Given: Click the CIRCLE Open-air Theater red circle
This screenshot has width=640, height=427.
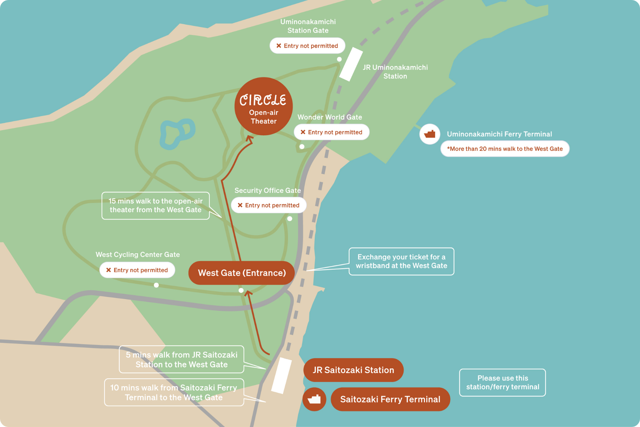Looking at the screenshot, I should (x=263, y=106).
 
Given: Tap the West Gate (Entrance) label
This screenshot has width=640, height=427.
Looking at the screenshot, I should (x=242, y=273).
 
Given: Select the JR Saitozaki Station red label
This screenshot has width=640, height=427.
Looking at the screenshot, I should (x=353, y=370).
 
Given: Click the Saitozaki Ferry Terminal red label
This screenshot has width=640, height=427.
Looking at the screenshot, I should (x=390, y=399).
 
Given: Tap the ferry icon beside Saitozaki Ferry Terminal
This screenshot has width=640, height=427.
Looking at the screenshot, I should (x=314, y=399).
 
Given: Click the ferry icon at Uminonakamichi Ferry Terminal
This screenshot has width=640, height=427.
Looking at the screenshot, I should (x=430, y=134).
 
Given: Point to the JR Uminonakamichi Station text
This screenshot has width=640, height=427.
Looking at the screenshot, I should (x=395, y=72).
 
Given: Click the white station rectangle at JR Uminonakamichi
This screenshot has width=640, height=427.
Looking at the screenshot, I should (x=351, y=64).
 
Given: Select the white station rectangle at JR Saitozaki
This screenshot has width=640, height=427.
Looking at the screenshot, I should (x=281, y=375).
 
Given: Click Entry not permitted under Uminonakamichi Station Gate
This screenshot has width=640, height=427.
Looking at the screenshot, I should (x=308, y=46).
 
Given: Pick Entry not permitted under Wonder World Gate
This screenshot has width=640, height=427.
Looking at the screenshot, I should (x=331, y=132).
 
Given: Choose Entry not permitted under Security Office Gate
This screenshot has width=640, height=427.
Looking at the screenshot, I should (x=269, y=205).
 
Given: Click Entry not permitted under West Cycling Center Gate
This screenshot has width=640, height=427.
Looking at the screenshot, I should (x=137, y=270).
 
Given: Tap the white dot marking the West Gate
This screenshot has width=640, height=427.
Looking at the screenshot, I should (x=241, y=291).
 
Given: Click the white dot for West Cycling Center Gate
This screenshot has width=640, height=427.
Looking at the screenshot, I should (x=156, y=285).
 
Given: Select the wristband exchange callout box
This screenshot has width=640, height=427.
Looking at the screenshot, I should (x=401, y=261).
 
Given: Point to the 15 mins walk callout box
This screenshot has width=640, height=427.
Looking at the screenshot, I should (x=155, y=206).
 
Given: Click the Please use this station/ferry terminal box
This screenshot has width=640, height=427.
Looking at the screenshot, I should (x=502, y=383).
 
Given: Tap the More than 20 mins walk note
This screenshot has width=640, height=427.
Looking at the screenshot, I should (x=505, y=149).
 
